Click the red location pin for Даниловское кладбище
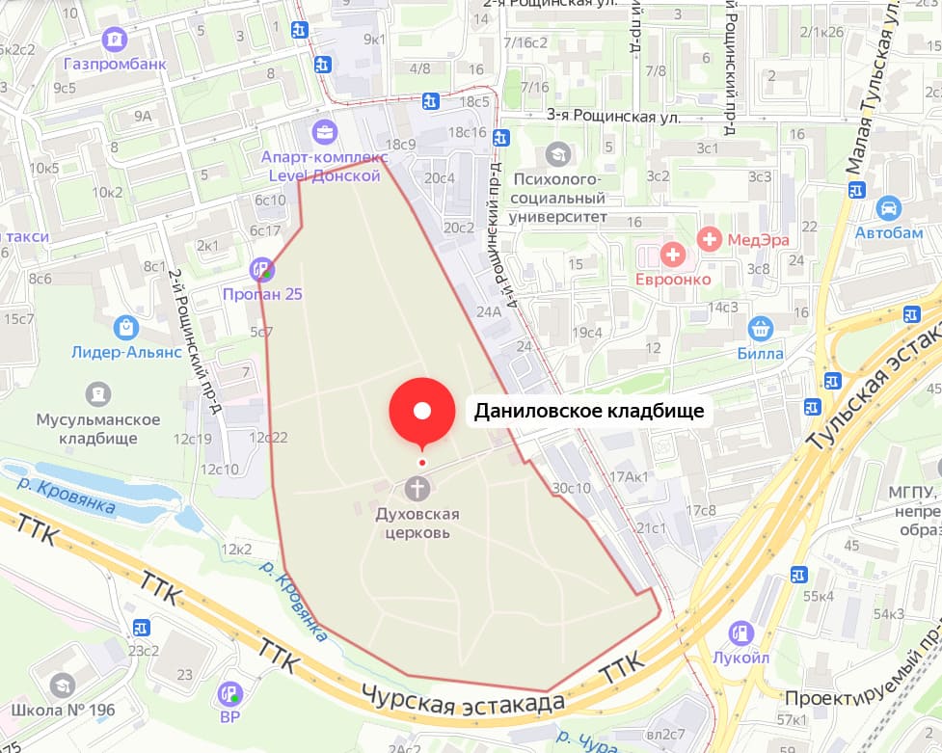(421, 412)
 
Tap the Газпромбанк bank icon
(115, 40)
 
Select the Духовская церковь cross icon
(417, 488)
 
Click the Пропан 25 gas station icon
(261, 270)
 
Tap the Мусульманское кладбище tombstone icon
(97, 393)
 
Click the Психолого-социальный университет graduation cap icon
(557, 153)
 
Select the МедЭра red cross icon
(710, 239)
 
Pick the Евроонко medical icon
(672, 255)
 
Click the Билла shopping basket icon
(761, 329)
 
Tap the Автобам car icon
(888, 207)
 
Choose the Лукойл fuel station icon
(741, 633)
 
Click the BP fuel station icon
(229, 692)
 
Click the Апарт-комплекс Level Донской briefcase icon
(325, 131)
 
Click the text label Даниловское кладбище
(589, 412)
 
